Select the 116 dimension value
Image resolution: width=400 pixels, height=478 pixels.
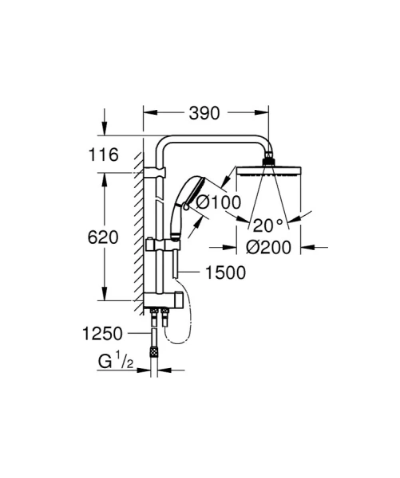point(103,156)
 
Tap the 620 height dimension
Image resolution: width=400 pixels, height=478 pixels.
point(103,237)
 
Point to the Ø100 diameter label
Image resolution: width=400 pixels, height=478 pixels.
point(217,202)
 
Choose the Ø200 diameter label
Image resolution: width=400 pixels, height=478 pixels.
point(268,247)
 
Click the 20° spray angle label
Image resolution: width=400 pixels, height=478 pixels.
point(268,224)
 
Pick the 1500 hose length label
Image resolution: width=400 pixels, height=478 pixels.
point(224,272)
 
